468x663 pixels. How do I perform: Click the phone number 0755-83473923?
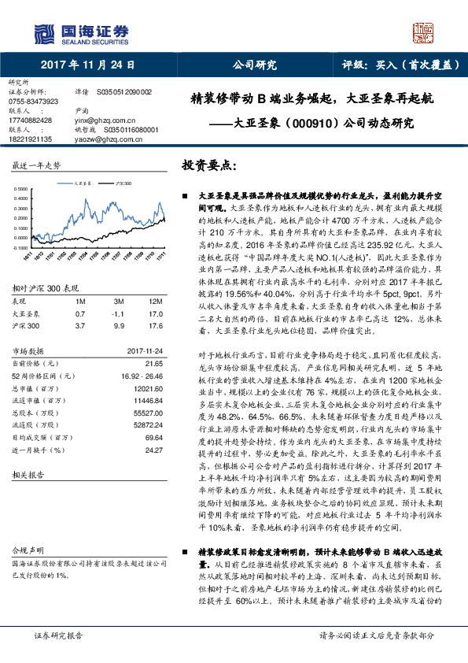pyautogui.click(x=33, y=102)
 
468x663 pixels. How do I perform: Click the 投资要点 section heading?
pyautogui.click(x=207, y=167)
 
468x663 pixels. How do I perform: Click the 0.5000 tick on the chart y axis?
pyautogui.click(x=24, y=189)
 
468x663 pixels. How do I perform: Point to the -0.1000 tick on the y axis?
pyautogui.click(x=24, y=247)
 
